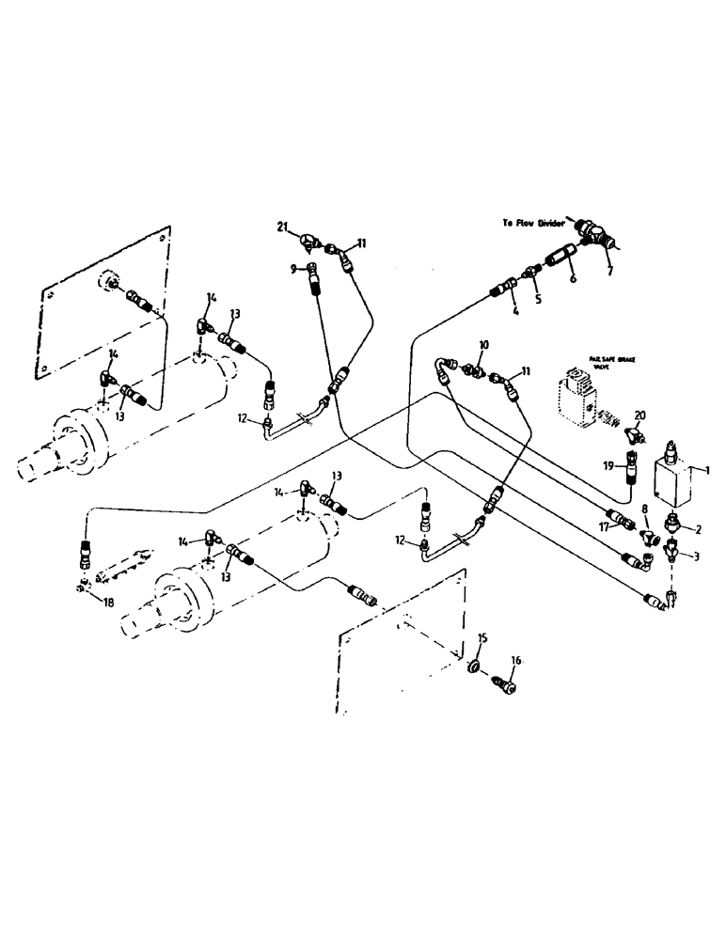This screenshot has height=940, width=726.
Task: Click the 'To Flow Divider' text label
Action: point(534,224)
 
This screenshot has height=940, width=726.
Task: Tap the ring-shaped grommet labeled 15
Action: point(475,668)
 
